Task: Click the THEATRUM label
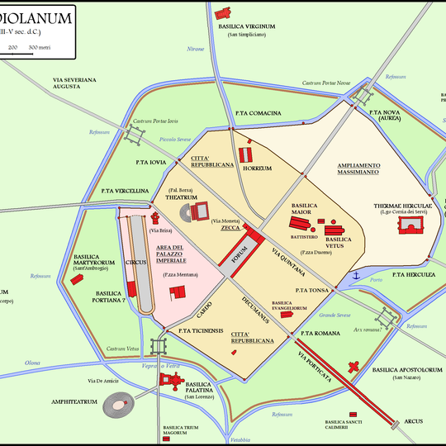click(180, 198)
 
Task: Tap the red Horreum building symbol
click(244, 154)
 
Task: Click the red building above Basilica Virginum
click(221, 14)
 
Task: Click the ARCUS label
click(415, 422)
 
